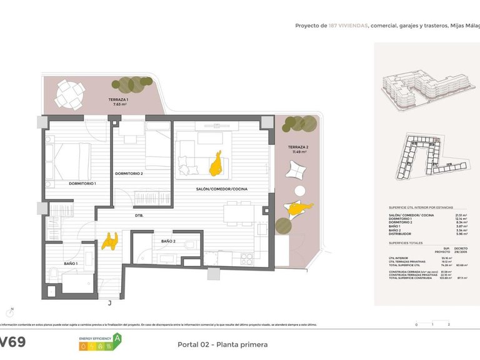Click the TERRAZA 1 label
(x=118, y=100)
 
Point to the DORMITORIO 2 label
(x=129, y=173)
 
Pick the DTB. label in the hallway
(x=139, y=216)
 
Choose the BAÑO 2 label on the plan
(x=167, y=241)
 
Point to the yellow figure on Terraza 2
(x=296, y=209)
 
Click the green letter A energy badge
(x=116, y=339)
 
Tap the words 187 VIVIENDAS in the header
(x=348, y=26)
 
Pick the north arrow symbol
(x=11, y=310)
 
